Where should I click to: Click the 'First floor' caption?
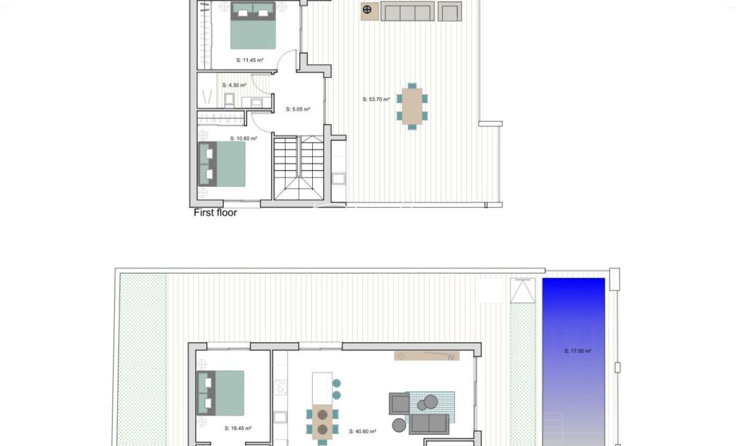tap(215, 213)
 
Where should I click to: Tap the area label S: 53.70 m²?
tap(376, 99)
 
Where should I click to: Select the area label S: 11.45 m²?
tap(250, 61)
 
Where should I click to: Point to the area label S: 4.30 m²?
tap(234, 85)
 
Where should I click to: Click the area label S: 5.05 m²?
tap(298, 109)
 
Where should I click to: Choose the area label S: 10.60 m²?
tap(243, 139)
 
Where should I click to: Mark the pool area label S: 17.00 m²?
tap(578, 351)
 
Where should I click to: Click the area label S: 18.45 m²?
tap(238, 428)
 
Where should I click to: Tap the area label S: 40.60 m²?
tap(363, 432)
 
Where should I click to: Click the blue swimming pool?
tap(574, 362)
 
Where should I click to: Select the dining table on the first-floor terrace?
tap(412, 106)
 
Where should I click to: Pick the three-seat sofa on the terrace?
tap(407, 11)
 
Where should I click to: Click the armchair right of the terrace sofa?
tap(450, 12)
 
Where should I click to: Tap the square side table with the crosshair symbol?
tap(370, 12)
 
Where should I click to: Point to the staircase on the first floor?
tap(299, 168)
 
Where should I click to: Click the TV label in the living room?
tap(451, 358)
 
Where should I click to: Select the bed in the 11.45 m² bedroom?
tap(253, 25)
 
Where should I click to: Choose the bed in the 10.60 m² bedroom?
tap(222, 164)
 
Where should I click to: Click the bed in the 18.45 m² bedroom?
tap(221, 393)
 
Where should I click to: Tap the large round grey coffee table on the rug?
tap(431, 402)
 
